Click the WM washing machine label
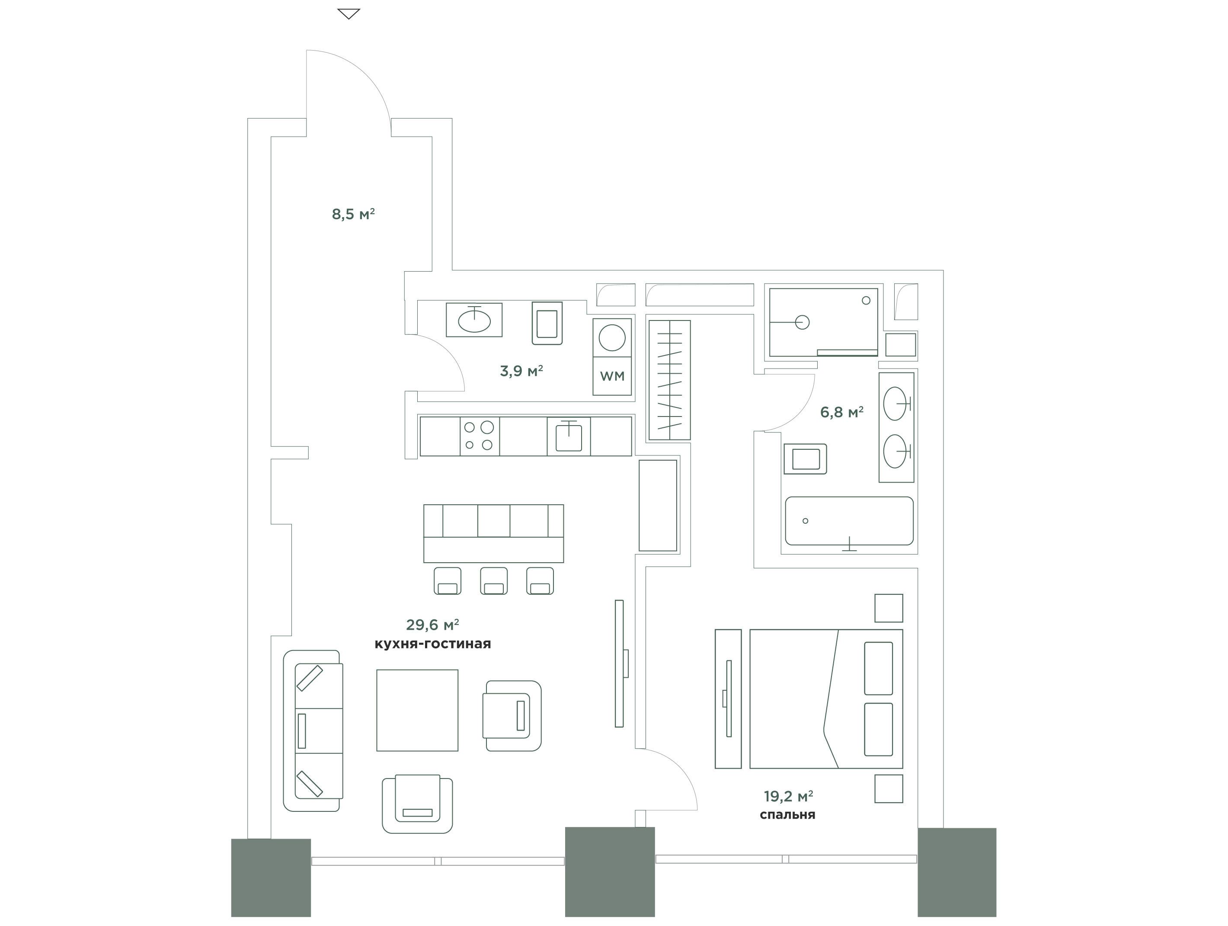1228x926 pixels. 612,376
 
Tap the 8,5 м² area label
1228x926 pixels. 353,214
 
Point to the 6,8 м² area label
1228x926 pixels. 841,412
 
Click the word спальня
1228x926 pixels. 787,815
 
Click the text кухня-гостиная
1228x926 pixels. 432,644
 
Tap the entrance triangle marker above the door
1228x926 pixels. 349,14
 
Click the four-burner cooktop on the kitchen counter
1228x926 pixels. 480,436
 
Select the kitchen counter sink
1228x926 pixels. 569,436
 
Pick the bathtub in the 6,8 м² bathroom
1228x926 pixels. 849,521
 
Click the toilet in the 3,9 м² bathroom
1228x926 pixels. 547,323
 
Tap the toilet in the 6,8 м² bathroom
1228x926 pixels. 805,458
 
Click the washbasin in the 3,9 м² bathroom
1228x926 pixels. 474,320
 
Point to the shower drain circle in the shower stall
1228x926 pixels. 802,322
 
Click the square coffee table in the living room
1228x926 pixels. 417,710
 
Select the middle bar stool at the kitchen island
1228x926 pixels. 493,581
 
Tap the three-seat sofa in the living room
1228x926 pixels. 313,731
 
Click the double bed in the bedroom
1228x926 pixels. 826,699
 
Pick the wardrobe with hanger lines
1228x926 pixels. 669,380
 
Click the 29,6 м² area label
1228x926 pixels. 432,625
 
